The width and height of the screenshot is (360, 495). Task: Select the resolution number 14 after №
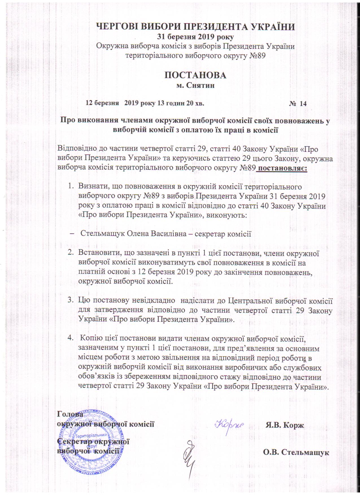(303, 104)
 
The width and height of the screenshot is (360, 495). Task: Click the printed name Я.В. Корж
(285, 425)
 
